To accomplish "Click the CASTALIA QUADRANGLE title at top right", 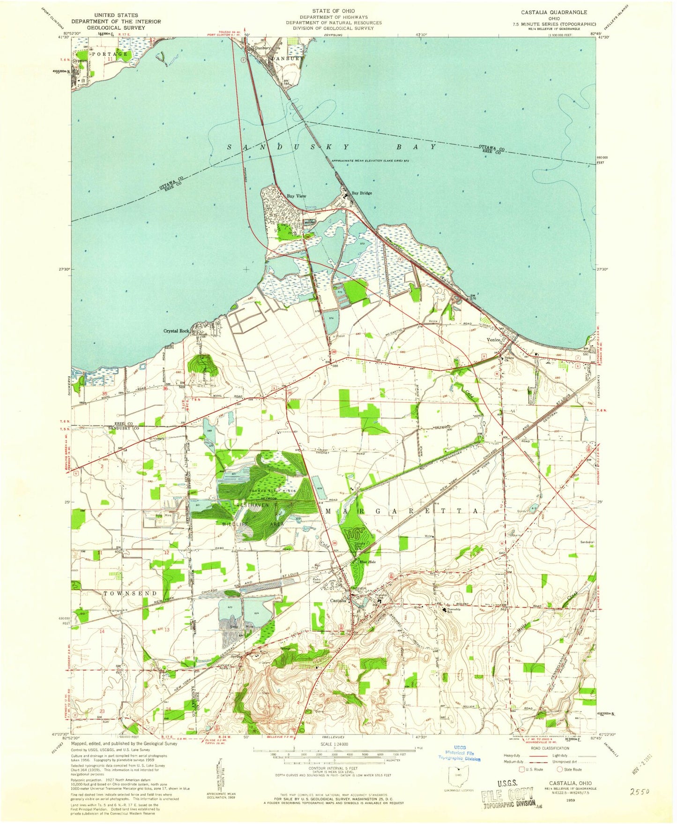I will [x=547, y=13].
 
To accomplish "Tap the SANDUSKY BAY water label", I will [x=332, y=147].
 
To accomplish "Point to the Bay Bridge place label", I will [x=362, y=193].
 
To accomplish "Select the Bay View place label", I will [x=297, y=196].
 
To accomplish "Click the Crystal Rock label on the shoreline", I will [x=176, y=331].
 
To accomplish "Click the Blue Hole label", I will [x=366, y=562].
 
